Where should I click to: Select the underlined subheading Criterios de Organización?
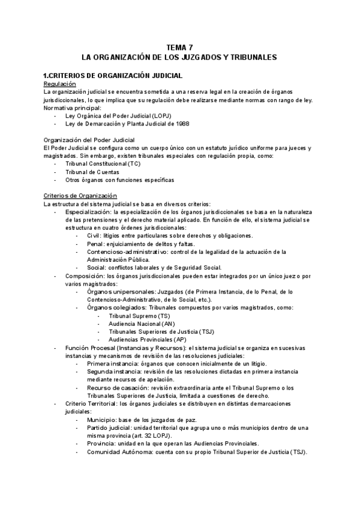pyautogui.click(x=80, y=196)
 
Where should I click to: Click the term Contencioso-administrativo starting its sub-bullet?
pyautogui.click(x=121, y=251)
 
